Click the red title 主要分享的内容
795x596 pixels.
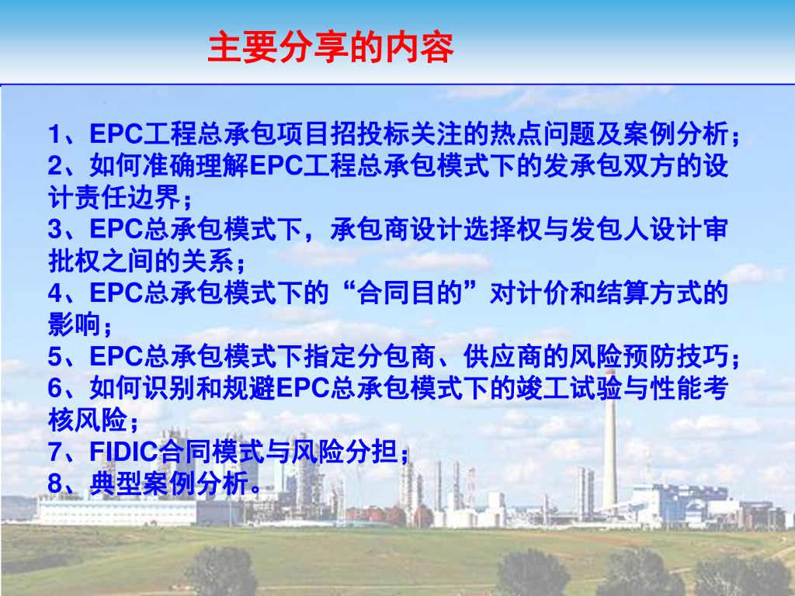[x=331, y=47]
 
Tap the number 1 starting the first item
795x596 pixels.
[x=55, y=134]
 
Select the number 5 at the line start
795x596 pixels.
[x=55, y=357]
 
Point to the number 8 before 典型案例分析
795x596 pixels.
[x=55, y=483]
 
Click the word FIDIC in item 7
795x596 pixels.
[x=123, y=452]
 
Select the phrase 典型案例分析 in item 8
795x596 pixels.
[x=169, y=483]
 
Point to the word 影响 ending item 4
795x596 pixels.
[x=74, y=325]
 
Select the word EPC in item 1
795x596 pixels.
[x=116, y=134]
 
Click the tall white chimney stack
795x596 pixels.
[x=610, y=441]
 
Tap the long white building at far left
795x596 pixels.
[x=116, y=512]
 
